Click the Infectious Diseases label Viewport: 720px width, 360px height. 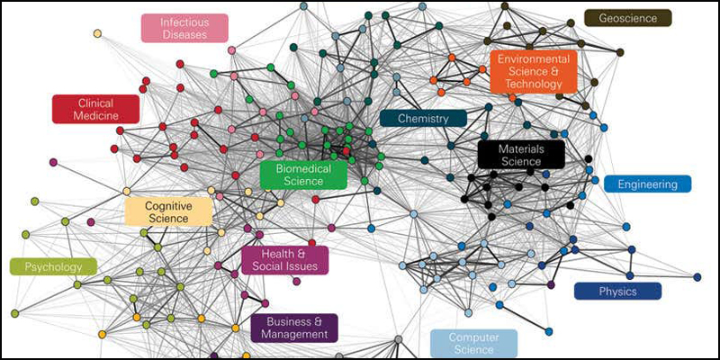pyautogui.click(x=184, y=28)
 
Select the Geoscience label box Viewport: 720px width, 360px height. pyautogui.click(x=628, y=17)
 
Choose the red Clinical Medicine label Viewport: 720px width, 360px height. pyautogui.click(x=95, y=109)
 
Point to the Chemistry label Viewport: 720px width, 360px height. pyautogui.click(x=423, y=118)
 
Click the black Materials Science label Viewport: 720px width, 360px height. pyautogui.click(x=520, y=154)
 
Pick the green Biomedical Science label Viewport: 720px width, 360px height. pyautogui.click(x=303, y=175)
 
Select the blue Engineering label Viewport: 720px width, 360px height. pyautogui.click(x=647, y=184)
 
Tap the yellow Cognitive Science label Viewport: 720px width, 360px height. pyautogui.click(x=168, y=211)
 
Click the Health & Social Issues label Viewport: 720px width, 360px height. pyautogui.click(x=284, y=260)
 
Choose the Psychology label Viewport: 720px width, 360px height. pyautogui.click(x=53, y=266)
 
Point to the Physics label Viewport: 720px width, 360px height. pyautogui.click(x=617, y=291)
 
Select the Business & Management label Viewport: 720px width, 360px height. pyautogui.click(x=293, y=328)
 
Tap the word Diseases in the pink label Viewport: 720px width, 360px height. pyautogui.click(x=184, y=35)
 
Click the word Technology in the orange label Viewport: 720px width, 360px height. pyautogui.click(x=534, y=84)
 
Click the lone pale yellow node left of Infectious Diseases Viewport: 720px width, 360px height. pyautogui.click(x=97, y=33)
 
